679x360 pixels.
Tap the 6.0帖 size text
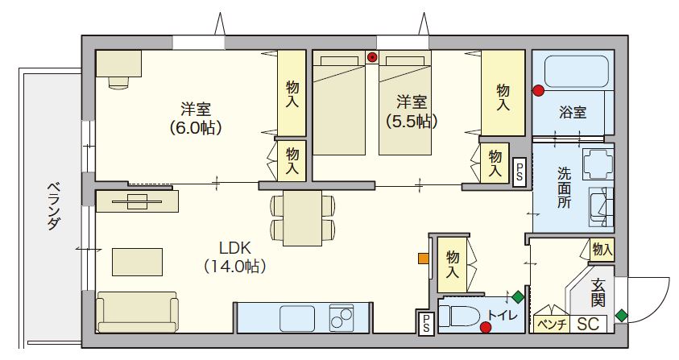[196, 127]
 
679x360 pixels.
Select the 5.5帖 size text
[412, 122]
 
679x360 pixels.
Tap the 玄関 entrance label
[598, 292]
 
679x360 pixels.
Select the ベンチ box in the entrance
[551, 324]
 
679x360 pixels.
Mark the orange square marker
[423, 259]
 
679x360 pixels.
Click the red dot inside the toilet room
[486, 326]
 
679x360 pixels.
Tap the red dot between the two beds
[372, 57]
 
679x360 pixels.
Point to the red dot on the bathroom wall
[537, 90]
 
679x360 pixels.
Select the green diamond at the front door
[621, 315]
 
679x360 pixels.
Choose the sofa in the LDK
[137, 312]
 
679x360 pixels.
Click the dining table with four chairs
[303, 217]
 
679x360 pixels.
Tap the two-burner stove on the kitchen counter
[342, 317]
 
